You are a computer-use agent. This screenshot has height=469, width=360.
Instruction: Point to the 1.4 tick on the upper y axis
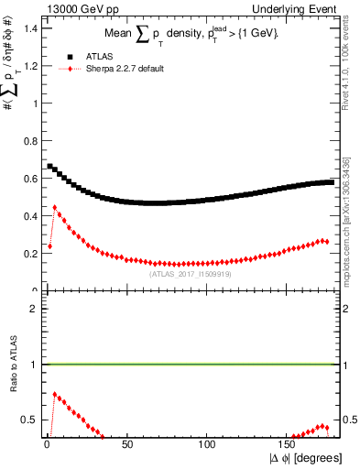click(x=32, y=28)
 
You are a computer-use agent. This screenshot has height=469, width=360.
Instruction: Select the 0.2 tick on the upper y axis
click(x=32, y=254)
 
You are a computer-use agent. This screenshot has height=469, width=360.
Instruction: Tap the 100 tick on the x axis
click(x=208, y=445)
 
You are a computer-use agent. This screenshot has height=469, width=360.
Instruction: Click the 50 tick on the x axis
click(x=127, y=445)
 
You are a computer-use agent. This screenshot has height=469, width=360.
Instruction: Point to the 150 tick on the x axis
click(x=289, y=445)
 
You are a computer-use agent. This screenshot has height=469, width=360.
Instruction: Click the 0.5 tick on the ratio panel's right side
click(x=350, y=420)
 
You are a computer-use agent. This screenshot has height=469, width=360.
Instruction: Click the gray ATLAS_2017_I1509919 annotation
click(x=190, y=273)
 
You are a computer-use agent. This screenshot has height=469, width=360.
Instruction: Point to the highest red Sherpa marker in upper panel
click(x=55, y=207)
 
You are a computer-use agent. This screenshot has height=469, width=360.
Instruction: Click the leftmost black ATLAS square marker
click(x=49, y=167)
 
